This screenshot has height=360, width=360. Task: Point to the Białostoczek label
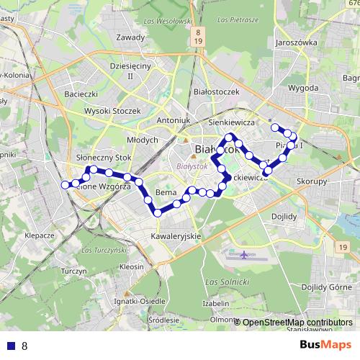tap(216, 92)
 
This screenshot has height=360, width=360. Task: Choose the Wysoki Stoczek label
tap(112, 111)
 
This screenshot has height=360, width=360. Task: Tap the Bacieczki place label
tap(81, 94)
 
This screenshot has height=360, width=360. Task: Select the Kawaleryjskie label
tap(176, 236)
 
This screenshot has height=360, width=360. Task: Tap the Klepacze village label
tap(40, 235)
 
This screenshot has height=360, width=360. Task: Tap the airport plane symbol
tap(246, 254)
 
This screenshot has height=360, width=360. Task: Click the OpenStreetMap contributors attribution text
tap(297, 323)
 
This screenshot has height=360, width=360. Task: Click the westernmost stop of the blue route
tap(66, 185)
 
